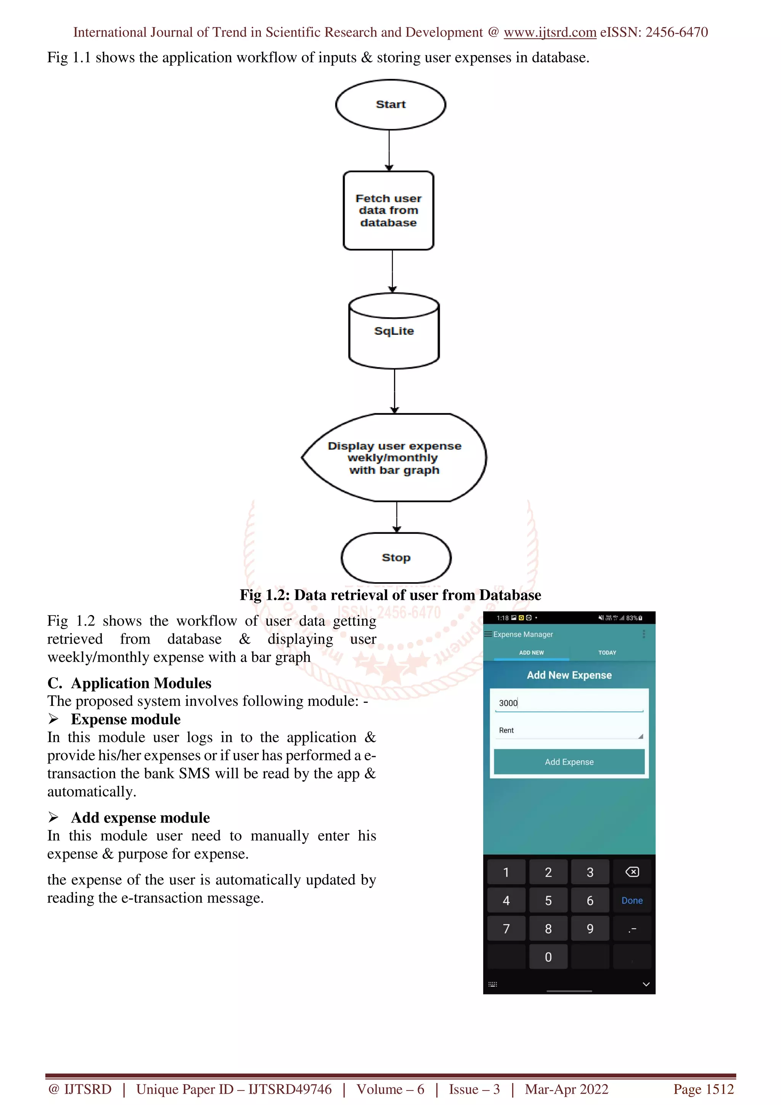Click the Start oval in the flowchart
tap(390, 104)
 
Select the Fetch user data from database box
tap(388, 210)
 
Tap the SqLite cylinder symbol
tap(394, 331)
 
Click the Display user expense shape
tap(394, 458)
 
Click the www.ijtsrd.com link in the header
tap(550, 32)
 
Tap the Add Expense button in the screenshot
tap(569, 761)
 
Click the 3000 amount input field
tap(569, 703)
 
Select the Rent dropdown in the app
tap(569, 730)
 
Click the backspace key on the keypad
tap(632, 872)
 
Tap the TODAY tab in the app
tap(607, 653)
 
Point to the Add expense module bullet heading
tap(140, 817)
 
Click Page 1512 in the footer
tap(703, 1089)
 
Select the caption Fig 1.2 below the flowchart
tap(390, 595)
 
